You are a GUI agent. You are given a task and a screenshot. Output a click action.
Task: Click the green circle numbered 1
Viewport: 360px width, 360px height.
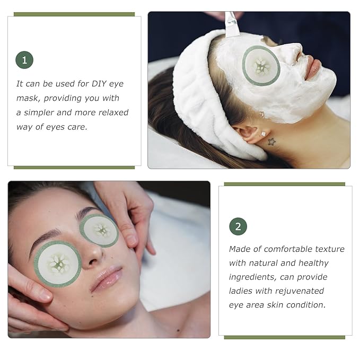coord(24,60)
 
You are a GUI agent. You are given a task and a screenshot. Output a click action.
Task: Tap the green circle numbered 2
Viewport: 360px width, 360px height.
coord(238,227)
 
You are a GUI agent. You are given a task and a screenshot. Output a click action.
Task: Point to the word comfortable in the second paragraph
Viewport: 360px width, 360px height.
coord(284,249)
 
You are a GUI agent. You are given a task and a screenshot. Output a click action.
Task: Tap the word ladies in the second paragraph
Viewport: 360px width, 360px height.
coord(241,291)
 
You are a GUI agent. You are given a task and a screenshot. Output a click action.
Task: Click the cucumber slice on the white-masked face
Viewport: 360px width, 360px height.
coord(261,66)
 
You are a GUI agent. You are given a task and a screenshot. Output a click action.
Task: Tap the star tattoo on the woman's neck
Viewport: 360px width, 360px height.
coord(272,142)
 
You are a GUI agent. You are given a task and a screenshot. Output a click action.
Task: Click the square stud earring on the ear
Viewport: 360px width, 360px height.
coord(263,134)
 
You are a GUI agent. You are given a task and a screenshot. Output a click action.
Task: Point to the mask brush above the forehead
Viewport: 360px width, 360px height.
coord(232,24)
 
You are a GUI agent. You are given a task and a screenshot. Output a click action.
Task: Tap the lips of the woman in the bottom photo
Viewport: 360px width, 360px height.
coord(107,279)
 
